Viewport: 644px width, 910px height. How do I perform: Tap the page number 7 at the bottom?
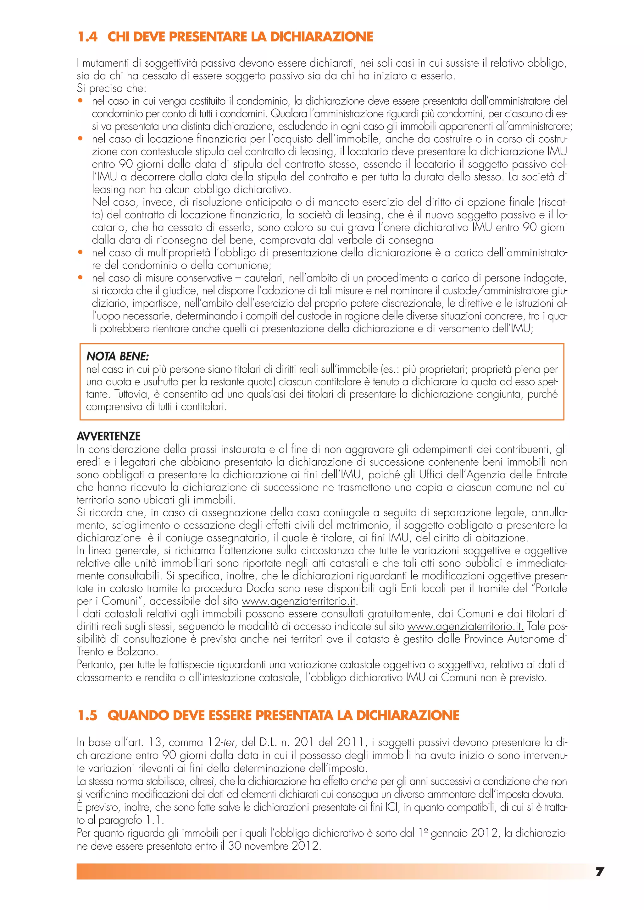[600, 872]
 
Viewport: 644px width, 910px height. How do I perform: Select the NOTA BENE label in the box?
[117, 356]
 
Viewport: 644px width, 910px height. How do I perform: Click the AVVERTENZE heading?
[109, 436]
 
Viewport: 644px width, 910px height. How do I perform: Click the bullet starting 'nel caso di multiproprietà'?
[80, 252]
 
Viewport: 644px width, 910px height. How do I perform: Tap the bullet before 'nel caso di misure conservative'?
[80, 278]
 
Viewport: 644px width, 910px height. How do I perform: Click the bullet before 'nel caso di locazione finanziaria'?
[80, 139]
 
